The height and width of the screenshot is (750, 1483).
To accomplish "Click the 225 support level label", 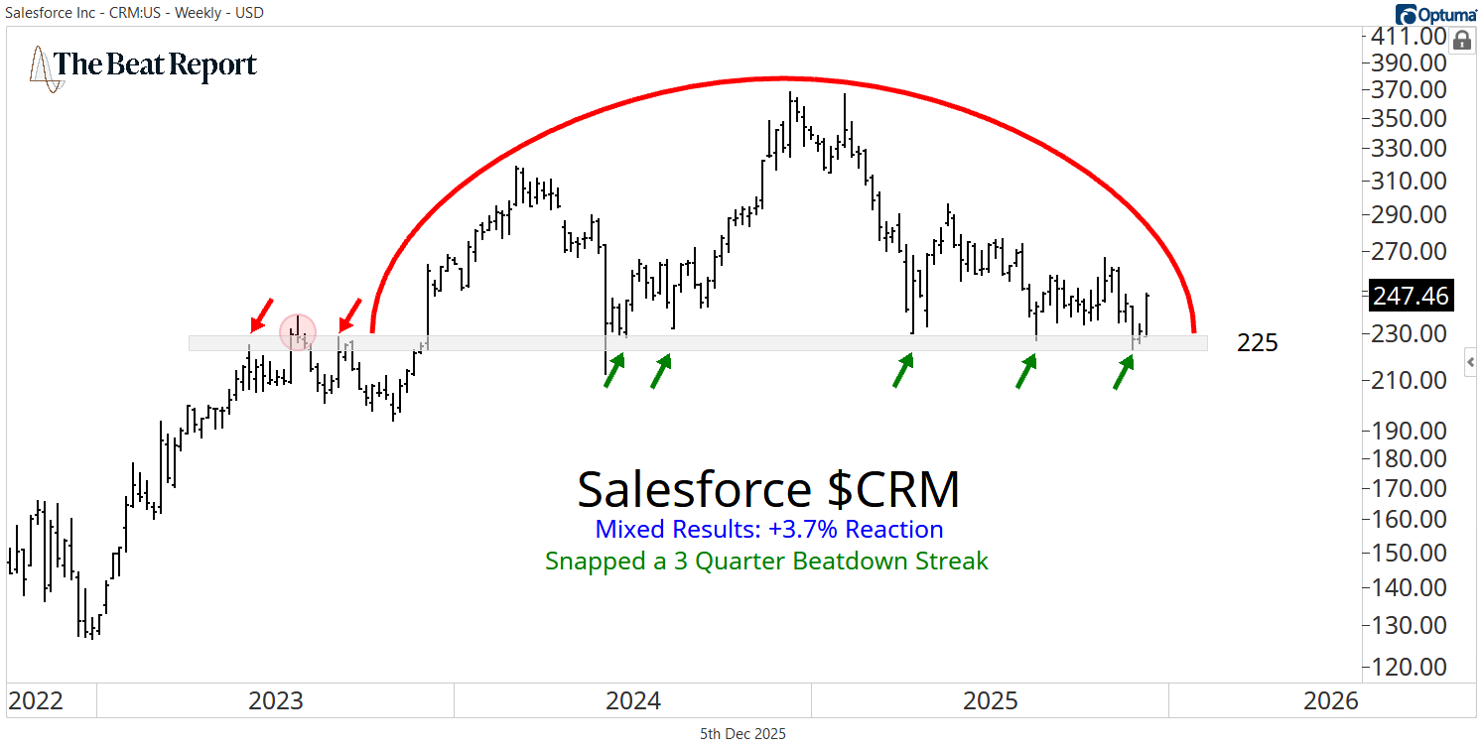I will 1258,343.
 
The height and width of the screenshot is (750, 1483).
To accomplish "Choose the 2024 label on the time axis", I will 633,701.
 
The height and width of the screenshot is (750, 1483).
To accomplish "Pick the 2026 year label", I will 1331,701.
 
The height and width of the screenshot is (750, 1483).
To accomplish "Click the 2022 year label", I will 36,701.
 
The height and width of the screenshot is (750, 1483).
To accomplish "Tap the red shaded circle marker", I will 297,332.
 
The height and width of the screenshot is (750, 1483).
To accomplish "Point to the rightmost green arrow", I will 1124,373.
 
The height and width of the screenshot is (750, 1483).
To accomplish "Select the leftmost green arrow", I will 615,372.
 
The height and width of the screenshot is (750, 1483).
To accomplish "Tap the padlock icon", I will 1461,41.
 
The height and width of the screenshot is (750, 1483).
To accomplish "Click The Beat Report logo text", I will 155,65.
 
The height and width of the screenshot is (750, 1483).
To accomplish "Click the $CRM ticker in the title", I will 894,489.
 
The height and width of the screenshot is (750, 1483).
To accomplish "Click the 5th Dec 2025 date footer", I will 742,734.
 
